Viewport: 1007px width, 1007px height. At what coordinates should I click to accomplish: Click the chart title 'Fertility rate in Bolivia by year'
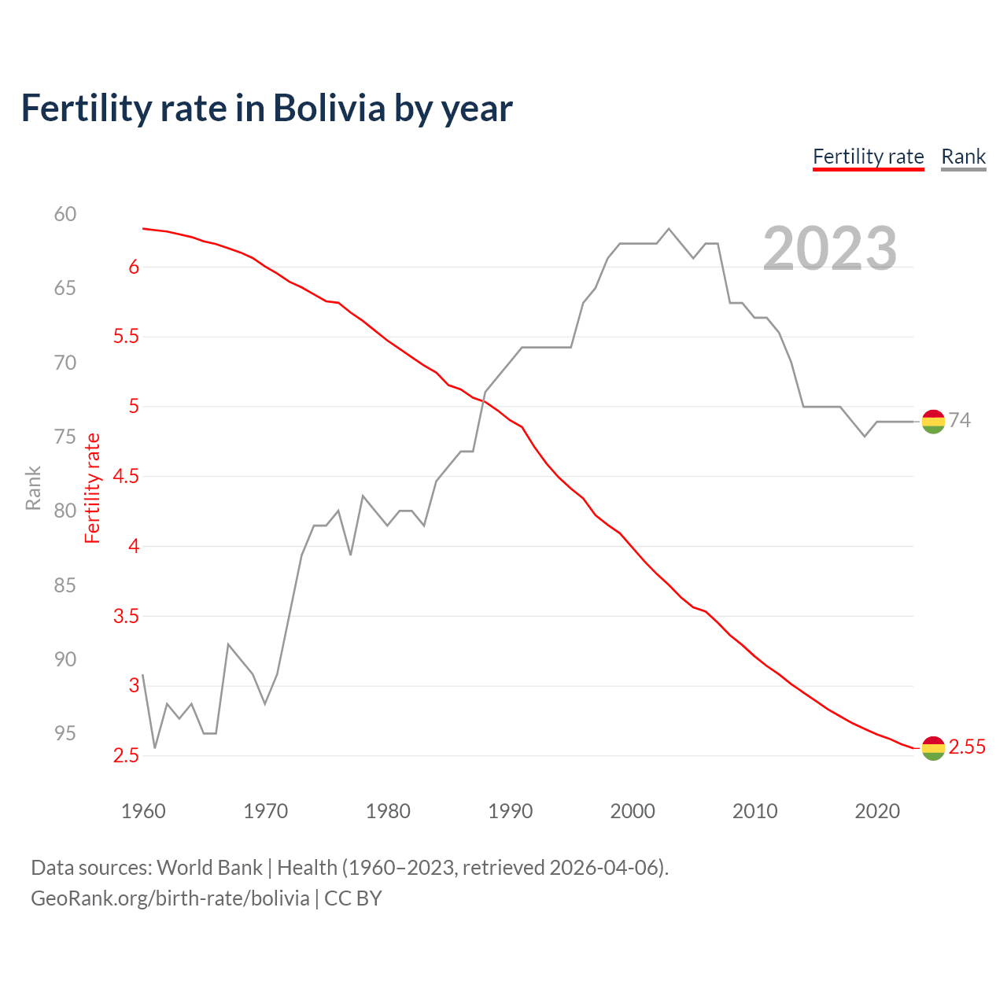pos(267,109)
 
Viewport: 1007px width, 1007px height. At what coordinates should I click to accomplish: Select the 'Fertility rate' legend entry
pos(868,157)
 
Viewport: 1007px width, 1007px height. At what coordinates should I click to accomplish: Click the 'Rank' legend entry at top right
pos(963,157)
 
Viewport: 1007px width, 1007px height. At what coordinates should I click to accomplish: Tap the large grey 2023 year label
pos(829,249)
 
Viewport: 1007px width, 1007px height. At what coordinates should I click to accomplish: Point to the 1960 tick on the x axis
pos(143,811)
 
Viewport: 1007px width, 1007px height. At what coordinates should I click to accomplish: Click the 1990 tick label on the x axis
pos(510,811)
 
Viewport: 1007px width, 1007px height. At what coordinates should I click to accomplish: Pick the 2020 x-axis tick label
pos(877,811)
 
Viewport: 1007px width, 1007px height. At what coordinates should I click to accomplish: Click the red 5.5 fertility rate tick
pos(126,337)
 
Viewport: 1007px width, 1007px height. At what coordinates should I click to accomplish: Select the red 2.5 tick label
pos(126,756)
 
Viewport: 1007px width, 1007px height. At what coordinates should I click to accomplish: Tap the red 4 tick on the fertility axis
pos(134,546)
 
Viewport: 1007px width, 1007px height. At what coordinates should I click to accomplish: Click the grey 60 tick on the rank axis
pos(65,214)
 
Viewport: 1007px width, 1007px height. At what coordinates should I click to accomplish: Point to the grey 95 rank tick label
pos(65,733)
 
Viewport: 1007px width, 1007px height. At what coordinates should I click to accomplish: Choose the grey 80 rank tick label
pos(65,511)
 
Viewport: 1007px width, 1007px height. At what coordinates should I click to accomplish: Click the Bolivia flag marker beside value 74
pos(933,422)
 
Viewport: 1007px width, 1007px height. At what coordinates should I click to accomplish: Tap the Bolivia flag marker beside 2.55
pos(933,748)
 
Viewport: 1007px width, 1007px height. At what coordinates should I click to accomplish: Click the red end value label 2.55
pos(967,747)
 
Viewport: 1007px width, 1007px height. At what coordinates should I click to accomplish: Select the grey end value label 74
pos(959,421)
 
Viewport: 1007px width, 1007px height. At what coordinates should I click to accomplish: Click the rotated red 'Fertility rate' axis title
pos(93,489)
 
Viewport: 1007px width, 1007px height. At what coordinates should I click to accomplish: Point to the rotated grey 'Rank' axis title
pos(33,488)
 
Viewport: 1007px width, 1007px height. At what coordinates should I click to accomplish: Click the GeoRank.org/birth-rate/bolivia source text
pos(170,898)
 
